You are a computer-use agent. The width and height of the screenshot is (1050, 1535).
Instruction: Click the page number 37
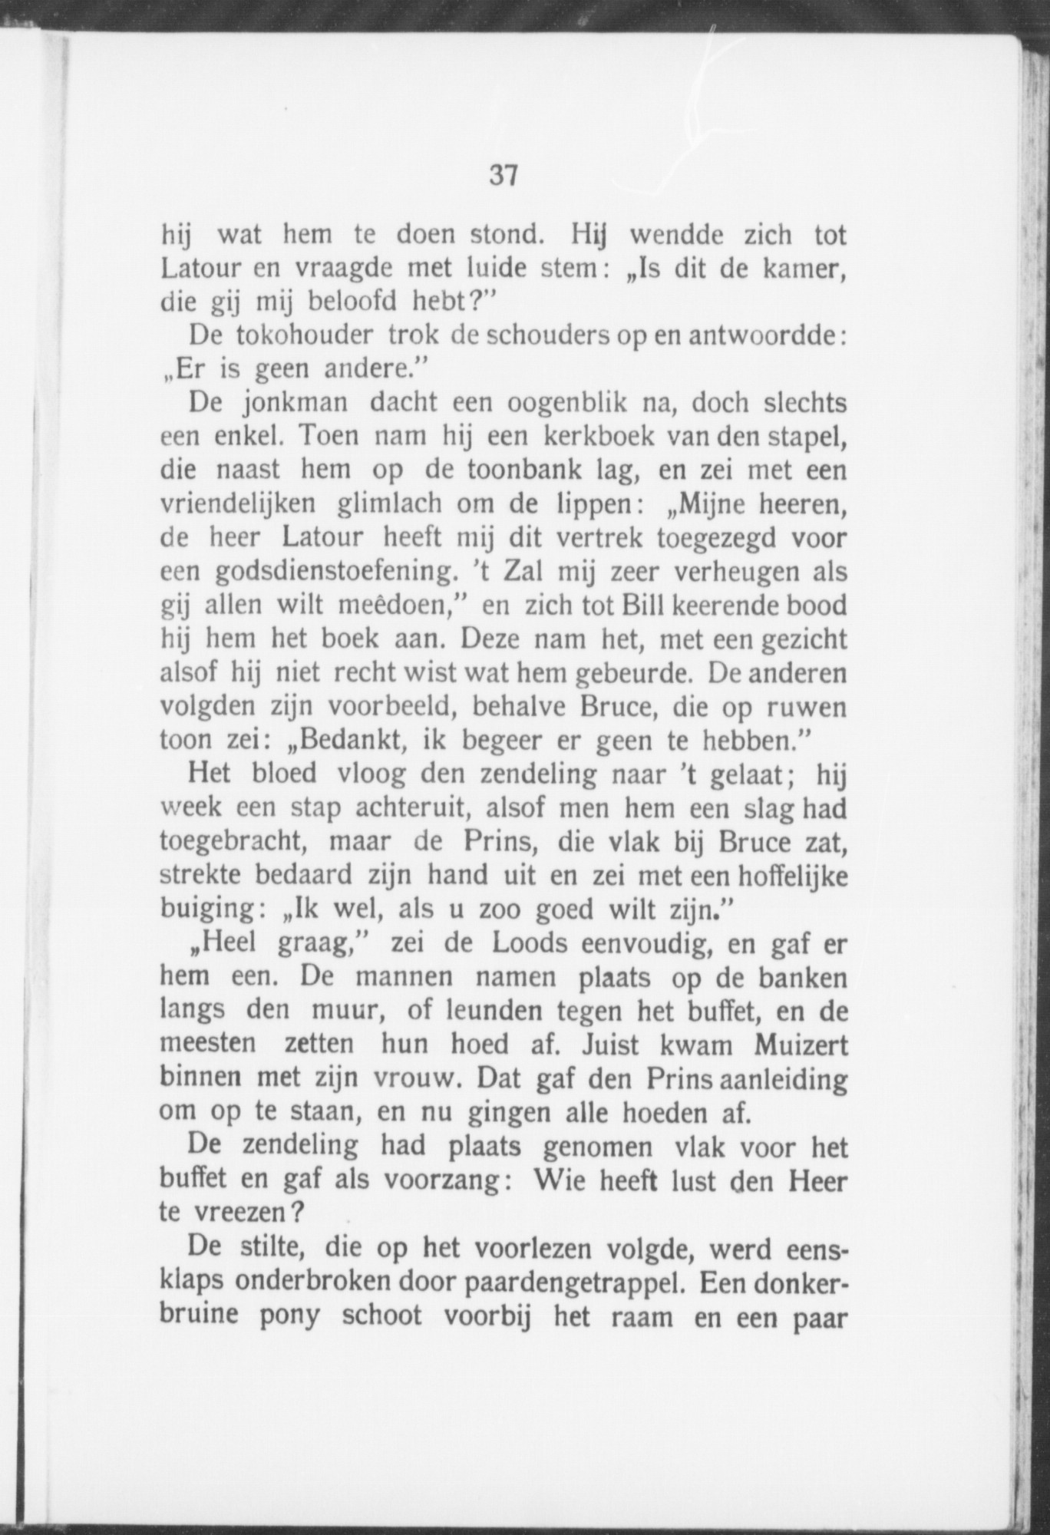click(503, 176)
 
